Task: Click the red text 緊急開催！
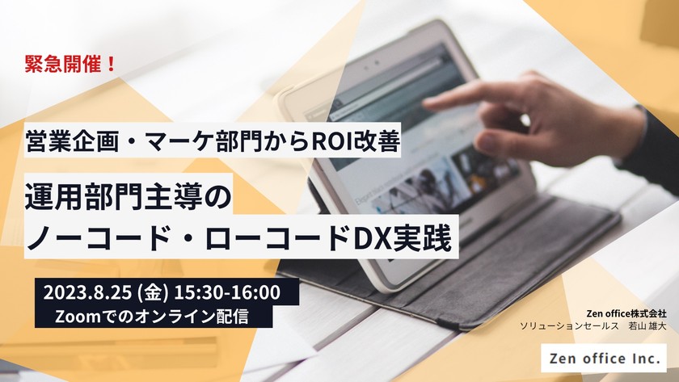(72, 65)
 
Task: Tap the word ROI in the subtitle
(331, 143)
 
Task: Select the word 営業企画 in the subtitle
(65, 143)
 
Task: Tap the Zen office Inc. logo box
(603, 355)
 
